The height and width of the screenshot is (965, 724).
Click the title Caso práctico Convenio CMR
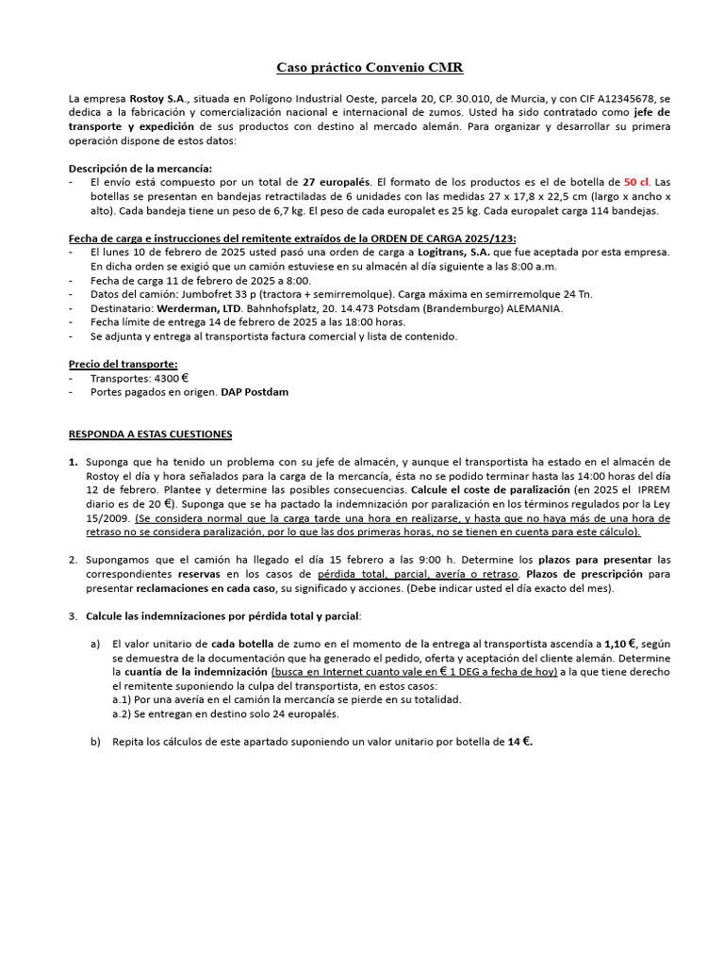coord(369,68)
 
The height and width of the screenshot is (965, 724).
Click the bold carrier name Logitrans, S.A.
coord(456,253)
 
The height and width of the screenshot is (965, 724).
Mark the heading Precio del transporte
coord(123,364)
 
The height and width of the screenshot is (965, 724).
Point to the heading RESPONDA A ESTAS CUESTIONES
coord(150,433)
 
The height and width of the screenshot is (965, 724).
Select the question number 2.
coord(73,560)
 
